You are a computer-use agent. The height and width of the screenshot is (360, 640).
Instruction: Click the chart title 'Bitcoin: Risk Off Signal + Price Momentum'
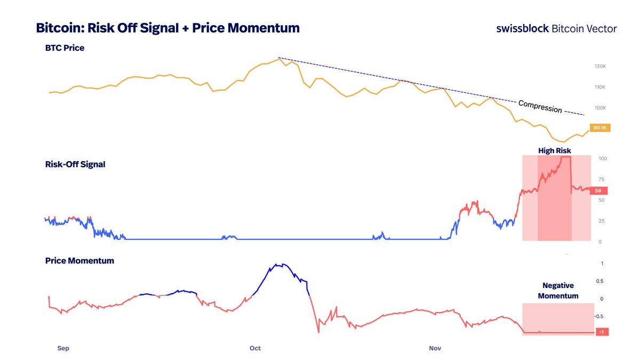click(x=167, y=28)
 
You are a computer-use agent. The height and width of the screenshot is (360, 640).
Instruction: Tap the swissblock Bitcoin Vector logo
click(x=556, y=28)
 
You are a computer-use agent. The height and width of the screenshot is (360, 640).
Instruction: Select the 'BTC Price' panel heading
click(x=65, y=48)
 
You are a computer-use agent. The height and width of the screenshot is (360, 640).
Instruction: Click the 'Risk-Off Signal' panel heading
click(x=75, y=164)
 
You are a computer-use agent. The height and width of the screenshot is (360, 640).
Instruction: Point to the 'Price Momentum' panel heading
click(x=79, y=261)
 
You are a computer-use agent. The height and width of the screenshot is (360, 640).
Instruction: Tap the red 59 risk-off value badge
click(x=598, y=190)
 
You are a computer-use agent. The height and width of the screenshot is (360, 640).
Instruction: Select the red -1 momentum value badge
click(x=600, y=332)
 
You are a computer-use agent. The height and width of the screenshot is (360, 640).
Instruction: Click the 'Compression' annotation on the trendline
click(x=540, y=106)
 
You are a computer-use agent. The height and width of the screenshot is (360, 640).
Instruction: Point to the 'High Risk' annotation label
click(x=554, y=151)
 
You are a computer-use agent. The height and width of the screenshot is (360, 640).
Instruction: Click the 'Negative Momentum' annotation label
click(x=558, y=291)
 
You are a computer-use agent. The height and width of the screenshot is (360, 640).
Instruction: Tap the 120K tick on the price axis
click(x=600, y=66)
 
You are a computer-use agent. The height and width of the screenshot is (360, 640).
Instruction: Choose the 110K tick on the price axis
click(x=600, y=87)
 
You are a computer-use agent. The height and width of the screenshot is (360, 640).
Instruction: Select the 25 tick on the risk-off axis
click(x=602, y=221)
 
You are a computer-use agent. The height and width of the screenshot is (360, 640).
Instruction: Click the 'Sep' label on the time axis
click(x=63, y=348)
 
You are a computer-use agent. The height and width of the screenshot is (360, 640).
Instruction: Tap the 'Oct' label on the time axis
click(x=255, y=348)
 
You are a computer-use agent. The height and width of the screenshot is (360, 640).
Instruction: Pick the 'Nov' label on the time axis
click(x=435, y=348)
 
